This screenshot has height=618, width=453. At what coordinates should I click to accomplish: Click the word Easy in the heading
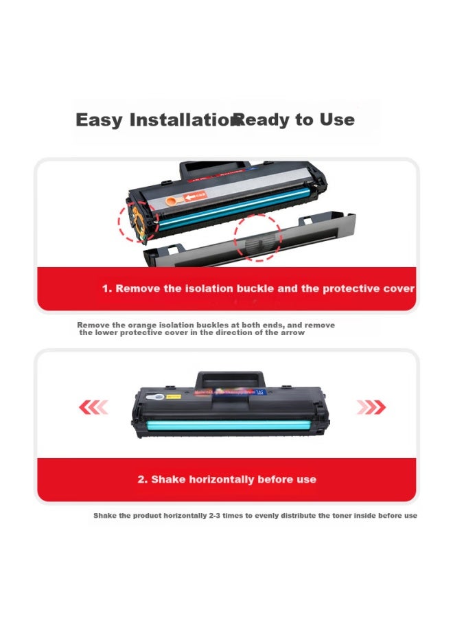pyautogui.click(x=99, y=120)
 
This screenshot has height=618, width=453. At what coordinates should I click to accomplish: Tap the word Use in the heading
pyautogui.click(x=337, y=120)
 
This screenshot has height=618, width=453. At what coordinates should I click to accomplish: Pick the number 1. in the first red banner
pyautogui.click(x=107, y=288)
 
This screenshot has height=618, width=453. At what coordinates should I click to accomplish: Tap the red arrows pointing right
pyautogui.click(x=371, y=408)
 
